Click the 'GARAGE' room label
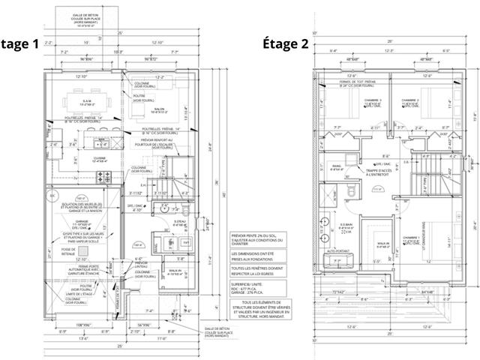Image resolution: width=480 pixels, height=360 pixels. [80, 222]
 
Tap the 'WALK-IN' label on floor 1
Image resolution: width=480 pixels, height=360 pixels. [172, 271]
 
